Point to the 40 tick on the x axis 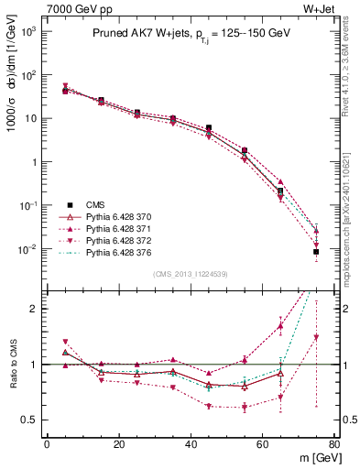click(x=191, y=444)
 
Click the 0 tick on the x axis click(x=47, y=444)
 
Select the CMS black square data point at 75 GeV click(x=316, y=251)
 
